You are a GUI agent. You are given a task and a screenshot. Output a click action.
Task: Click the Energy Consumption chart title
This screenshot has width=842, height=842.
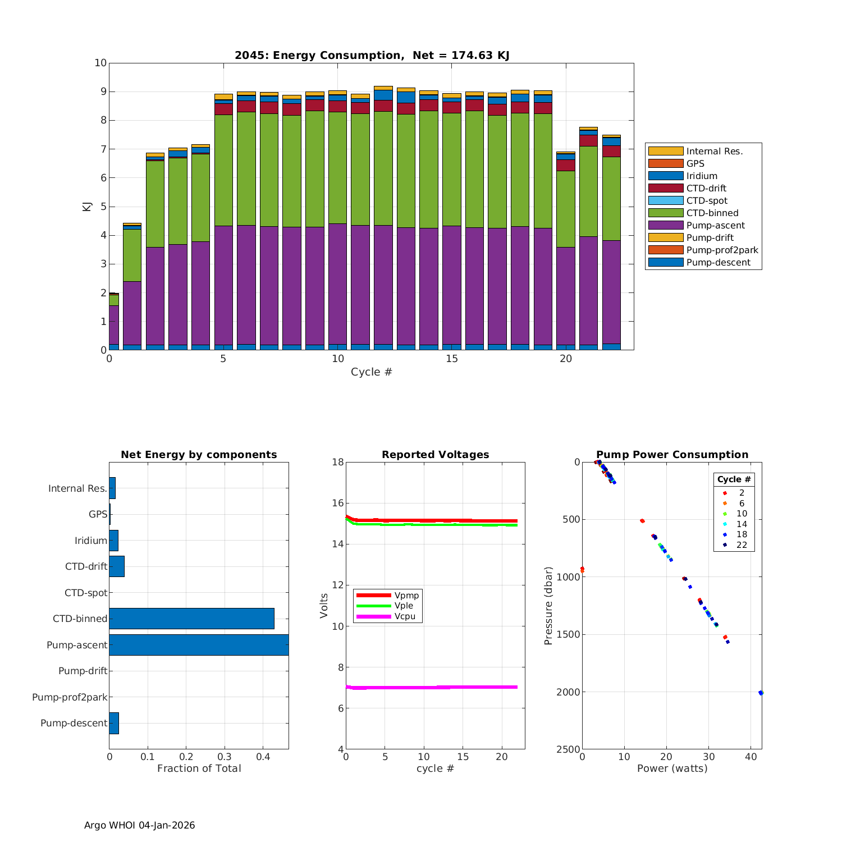pos(372,55)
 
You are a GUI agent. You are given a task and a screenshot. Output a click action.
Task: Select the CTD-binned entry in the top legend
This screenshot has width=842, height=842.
pos(712,213)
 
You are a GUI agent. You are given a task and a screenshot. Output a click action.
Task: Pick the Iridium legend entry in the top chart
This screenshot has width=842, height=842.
pos(702,176)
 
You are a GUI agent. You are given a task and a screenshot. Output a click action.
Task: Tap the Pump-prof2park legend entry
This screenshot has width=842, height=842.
pos(722,250)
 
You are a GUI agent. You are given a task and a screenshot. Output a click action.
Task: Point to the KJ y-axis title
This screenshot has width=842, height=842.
pos(86,207)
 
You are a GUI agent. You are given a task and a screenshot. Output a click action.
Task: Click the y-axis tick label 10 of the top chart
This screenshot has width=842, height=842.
pos(100,63)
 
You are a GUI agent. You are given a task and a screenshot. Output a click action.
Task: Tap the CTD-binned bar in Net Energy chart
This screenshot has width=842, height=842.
pos(191,619)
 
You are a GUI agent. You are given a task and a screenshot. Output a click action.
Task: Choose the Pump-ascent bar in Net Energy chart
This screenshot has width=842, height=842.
pos(199,645)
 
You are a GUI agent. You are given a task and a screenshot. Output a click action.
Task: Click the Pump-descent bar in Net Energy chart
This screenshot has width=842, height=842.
pos(114,723)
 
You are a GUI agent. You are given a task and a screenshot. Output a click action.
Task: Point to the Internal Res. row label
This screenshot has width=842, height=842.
pos(77,488)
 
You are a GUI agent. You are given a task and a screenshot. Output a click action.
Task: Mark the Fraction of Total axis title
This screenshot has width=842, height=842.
pos(199,768)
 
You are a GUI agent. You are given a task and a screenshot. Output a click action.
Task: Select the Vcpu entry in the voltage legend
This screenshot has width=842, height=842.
pos(405,616)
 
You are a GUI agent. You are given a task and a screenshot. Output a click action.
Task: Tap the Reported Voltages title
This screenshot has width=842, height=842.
pos(435,455)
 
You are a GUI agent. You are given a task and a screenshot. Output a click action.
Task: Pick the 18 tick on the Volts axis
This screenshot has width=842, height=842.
pos(337,462)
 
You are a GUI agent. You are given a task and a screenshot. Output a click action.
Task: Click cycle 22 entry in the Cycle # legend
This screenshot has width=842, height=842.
pos(741,545)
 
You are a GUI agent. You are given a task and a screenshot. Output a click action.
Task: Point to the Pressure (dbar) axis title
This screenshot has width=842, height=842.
pos(548,605)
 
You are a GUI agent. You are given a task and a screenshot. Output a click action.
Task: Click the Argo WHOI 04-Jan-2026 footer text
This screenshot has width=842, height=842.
pos(139,825)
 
